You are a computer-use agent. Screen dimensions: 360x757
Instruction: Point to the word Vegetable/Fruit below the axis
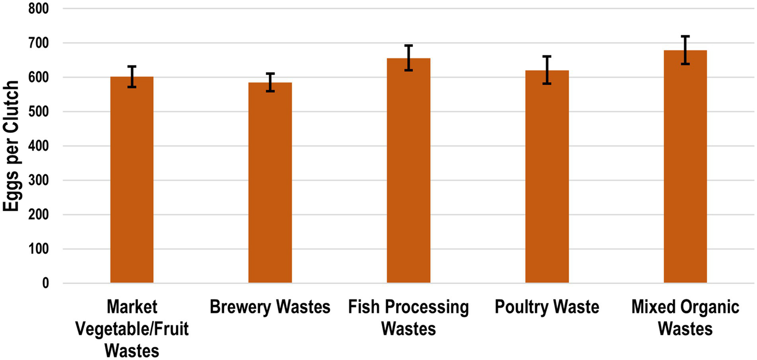pyautogui.click(x=132, y=329)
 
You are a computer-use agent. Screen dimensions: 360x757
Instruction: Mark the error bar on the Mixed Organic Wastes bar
pyautogui.click(x=685, y=50)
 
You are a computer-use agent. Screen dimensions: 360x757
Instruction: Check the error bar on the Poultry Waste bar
pyautogui.click(x=547, y=70)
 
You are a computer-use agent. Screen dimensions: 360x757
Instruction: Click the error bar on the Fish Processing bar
pyautogui.click(x=408, y=58)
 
